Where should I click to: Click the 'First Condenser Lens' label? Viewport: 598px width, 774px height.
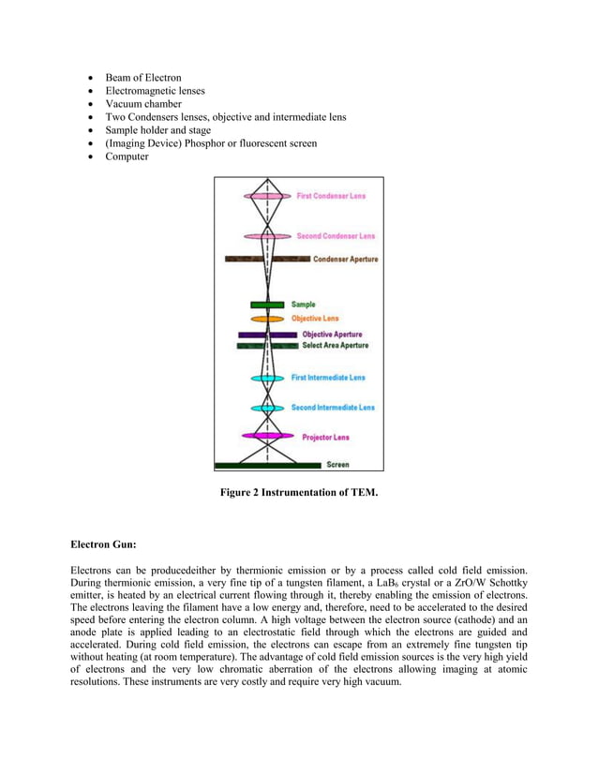pos(331,196)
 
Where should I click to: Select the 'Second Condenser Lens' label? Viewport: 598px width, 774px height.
pos(335,235)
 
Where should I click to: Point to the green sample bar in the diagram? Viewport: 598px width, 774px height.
pos(267,305)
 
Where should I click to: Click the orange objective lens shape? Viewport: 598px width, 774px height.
pos(267,319)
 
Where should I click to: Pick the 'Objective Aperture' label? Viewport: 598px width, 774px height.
pos(332,335)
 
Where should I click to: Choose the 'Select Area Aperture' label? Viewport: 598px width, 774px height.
pos(335,346)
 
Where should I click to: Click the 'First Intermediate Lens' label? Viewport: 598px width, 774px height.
pos(328,378)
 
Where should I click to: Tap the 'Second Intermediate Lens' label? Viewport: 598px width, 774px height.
pos(332,408)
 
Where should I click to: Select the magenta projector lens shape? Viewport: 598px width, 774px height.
pos(267,436)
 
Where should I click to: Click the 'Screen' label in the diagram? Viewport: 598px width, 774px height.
pos(337,464)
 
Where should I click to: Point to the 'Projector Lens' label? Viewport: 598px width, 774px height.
pos(325,437)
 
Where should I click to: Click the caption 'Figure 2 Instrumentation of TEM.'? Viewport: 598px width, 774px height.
pos(299,492)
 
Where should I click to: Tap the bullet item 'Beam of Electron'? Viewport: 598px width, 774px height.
pos(143,77)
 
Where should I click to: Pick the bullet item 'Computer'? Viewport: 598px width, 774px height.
pos(128,156)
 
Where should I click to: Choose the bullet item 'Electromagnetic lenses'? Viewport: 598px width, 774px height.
pos(155,90)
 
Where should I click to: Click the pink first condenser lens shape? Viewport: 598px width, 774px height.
pos(267,196)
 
